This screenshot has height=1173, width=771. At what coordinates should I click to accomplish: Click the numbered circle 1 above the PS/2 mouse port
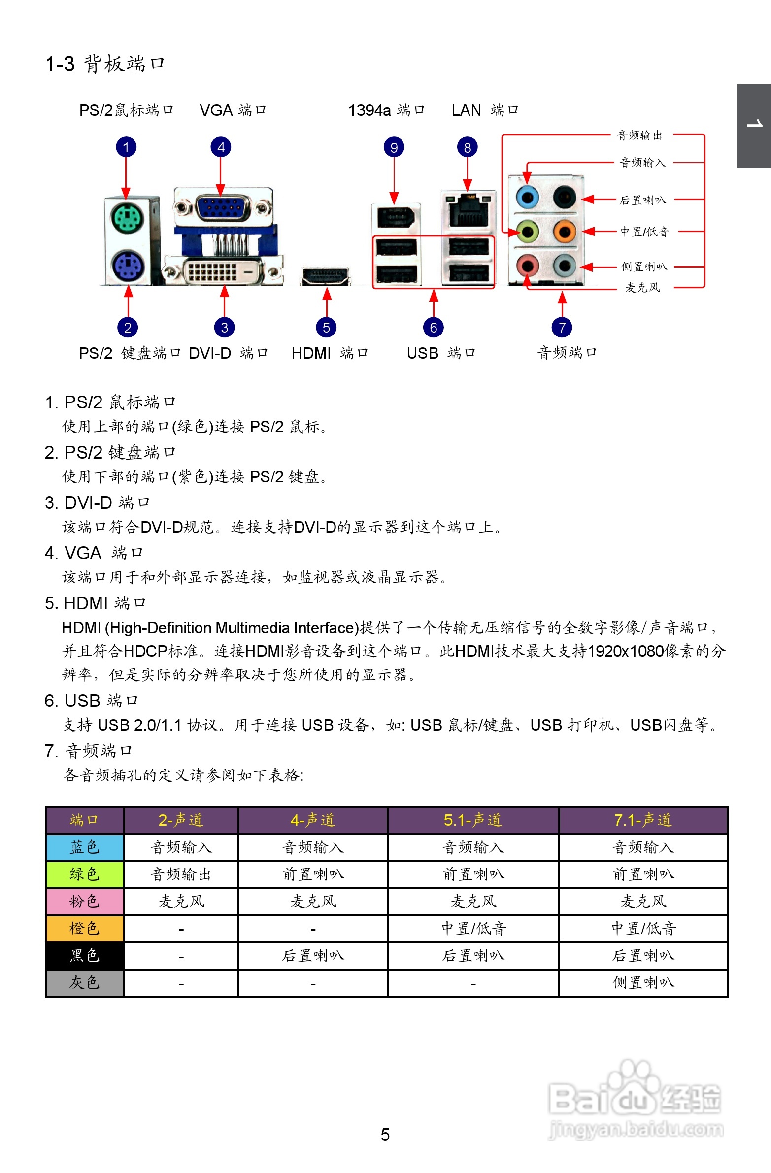(126, 147)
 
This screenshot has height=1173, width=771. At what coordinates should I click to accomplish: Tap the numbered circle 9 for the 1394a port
(394, 147)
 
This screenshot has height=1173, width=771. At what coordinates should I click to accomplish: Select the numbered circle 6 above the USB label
(434, 327)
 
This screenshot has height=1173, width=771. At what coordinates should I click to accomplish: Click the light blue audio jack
(528, 198)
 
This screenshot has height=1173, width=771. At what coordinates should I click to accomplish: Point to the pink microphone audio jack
(528, 266)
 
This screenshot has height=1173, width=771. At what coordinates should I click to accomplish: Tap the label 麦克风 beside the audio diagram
(642, 287)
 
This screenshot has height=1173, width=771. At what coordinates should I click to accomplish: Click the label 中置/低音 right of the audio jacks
(644, 232)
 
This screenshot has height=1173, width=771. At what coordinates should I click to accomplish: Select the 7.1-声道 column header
(643, 820)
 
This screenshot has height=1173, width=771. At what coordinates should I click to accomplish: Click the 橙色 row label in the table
(84, 929)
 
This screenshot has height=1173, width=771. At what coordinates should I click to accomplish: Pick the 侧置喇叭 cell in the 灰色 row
(643, 983)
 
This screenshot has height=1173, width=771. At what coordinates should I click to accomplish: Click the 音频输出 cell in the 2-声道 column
(181, 874)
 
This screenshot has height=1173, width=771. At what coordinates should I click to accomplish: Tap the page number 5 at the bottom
(385, 1135)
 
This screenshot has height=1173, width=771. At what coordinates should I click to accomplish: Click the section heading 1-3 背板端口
(105, 64)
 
